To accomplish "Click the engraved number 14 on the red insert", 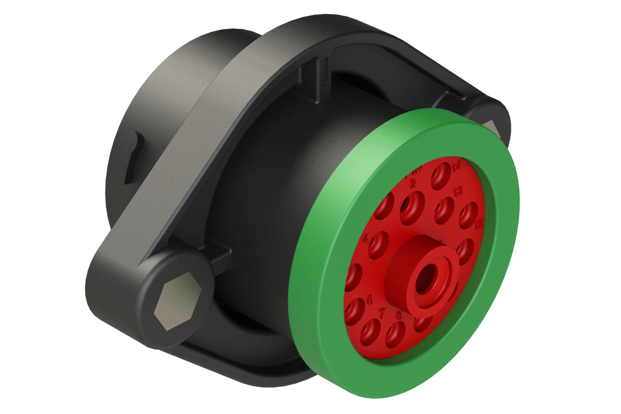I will click(456, 167).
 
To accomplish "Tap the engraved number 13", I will click(459, 190).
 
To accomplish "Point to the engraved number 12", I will click(480, 224).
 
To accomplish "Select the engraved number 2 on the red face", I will click(414, 185).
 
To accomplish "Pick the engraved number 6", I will click(371, 301).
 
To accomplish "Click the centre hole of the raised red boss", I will click(426, 275).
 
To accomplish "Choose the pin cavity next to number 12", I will click(468, 215).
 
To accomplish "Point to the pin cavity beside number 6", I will click(356, 310).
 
